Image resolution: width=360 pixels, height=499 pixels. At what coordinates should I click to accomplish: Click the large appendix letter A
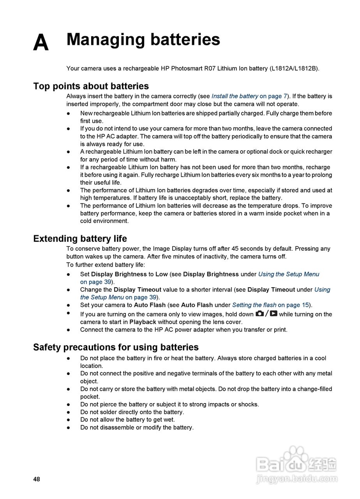tap(41, 43)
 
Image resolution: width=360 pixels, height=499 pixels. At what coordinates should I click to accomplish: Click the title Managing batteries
tap(143, 40)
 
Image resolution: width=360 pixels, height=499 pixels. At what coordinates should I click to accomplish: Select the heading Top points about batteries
tap(91, 86)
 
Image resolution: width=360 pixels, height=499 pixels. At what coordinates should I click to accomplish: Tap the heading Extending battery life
tap(80, 239)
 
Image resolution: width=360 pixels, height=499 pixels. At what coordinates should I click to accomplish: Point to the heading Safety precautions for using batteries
tap(116, 347)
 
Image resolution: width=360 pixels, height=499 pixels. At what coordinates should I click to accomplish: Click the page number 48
tap(37, 480)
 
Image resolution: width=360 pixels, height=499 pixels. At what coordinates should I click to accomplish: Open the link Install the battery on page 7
tap(249, 96)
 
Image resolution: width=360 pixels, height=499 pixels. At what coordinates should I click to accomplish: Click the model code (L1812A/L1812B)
tap(294, 69)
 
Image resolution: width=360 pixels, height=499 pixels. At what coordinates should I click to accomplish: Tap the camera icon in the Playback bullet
tap(259, 314)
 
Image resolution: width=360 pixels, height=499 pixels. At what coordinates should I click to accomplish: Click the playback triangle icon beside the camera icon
tap(274, 314)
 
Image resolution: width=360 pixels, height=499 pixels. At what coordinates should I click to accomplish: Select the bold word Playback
tap(143, 322)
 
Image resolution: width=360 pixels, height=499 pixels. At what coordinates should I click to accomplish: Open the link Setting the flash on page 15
tap(271, 305)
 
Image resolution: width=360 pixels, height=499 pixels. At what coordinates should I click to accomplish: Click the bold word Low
tap(161, 274)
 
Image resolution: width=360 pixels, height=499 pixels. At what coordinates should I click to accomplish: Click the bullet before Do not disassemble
tap(68, 428)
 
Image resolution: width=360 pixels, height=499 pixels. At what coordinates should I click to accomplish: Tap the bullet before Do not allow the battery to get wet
tap(68, 420)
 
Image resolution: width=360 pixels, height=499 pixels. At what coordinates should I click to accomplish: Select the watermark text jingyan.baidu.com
tap(297, 479)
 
